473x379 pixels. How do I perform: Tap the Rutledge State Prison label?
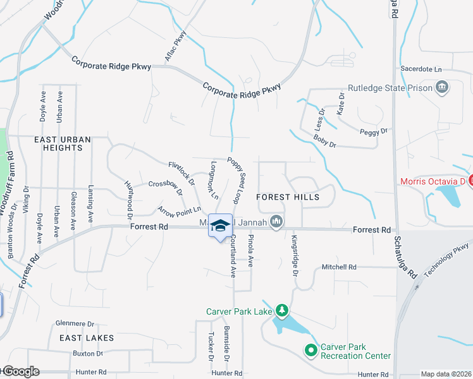pos(390,88)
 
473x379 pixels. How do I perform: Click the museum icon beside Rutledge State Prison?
pos(443,88)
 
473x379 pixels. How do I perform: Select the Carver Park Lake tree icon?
pos(282,310)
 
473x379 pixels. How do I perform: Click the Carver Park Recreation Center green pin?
pos(311,349)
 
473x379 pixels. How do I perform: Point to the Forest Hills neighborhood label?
pos(288,197)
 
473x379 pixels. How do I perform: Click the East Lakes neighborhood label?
pos(87,338)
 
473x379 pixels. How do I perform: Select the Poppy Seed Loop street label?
pos(237,179)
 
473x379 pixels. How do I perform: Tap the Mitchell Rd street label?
pos(339,267)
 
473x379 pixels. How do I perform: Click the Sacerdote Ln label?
pos(421,69)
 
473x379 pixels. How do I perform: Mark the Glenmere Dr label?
pos(75,323)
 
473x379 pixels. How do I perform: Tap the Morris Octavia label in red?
pos(433,182)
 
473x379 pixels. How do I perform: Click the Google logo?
pos(20,371)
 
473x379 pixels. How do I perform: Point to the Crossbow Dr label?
pos(165,187)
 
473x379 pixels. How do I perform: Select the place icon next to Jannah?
pos(276,221)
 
